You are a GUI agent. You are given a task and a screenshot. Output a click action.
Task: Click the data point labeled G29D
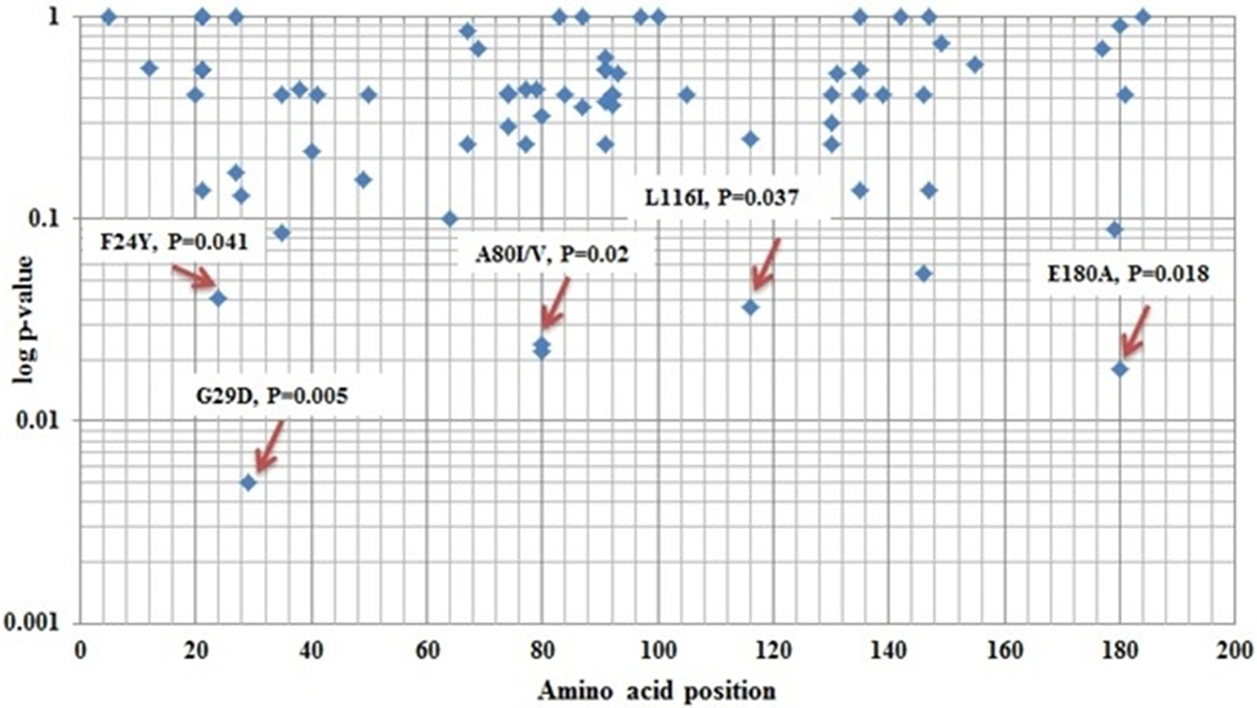pyautogui.click(x=248, y=482)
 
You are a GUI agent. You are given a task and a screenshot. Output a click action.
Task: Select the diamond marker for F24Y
pyautogui.click(x=218, y=298)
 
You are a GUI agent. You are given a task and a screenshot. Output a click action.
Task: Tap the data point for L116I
pyautogui.click(x=750, y=307)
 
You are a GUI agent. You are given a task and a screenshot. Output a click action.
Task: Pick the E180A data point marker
pyautogui.click(x=1120, y=370)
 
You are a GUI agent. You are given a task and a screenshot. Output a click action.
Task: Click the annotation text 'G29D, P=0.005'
pyautogui.click(x=271, y=396)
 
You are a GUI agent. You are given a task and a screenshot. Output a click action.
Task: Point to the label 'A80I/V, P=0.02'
pyautogui.click(x=552, y=255)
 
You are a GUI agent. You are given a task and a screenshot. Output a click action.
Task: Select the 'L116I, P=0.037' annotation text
pyautogui.click(x=721, y=197)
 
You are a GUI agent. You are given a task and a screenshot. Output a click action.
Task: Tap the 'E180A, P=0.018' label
pyautogui.click(x=1128, y=275)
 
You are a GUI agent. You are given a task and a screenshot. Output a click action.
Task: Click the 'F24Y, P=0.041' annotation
pyautogui.click(x=173, y=241)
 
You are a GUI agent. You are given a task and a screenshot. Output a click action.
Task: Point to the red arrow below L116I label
pyautogui.click(x=765, y=264)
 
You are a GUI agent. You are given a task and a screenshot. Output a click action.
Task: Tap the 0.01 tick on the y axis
pyautogui.click(x=42, y=420)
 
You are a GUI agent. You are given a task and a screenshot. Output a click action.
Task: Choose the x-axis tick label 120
pyautogui.click(x=773, y=651)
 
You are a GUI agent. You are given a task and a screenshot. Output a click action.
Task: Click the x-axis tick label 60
pyautogui.click(x=427, y=651)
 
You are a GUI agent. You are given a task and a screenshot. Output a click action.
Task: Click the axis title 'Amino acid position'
pyautogui.click(x=656, y=691)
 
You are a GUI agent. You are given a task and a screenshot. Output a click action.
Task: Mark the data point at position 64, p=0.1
pyautogui.click(x=450, y=218)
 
